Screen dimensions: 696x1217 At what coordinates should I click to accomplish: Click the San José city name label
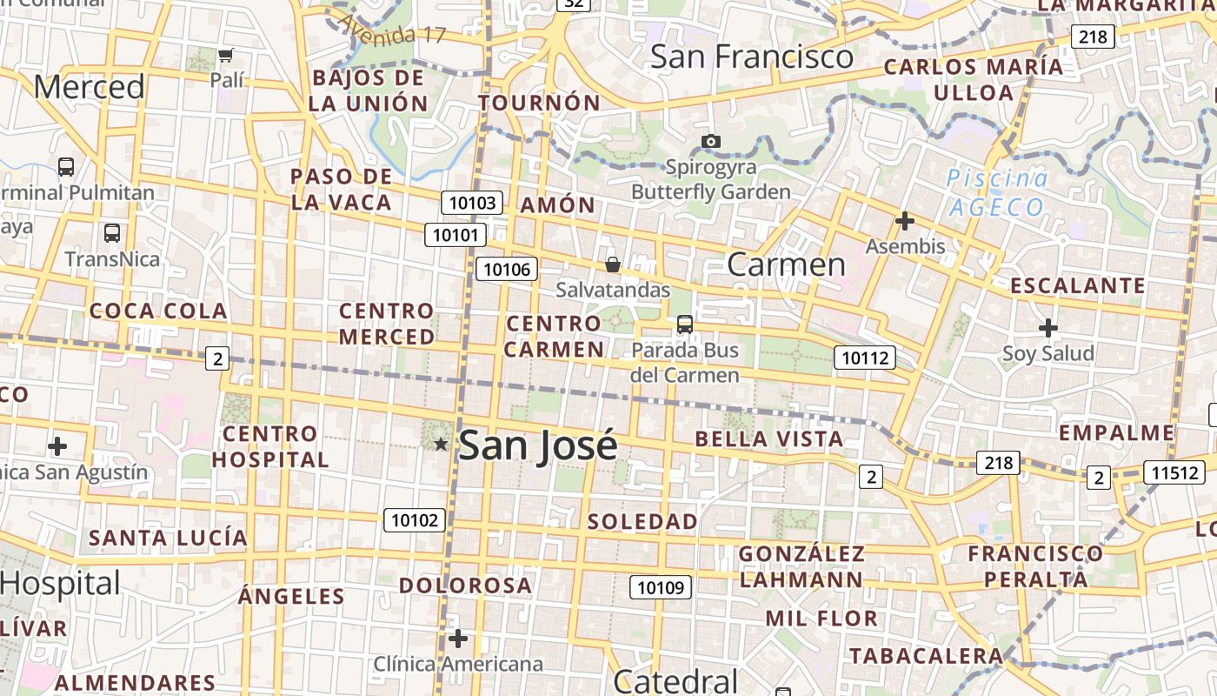537,445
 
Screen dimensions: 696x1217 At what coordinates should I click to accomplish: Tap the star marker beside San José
441,445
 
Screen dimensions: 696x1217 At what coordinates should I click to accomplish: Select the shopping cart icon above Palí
226,56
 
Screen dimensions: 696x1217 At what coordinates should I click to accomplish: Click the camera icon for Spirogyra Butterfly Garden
710,141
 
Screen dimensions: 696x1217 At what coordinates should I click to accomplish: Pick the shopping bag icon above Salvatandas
612,264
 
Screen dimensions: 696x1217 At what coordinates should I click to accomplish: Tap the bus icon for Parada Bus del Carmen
685,325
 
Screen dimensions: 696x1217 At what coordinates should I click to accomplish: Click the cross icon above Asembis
905,221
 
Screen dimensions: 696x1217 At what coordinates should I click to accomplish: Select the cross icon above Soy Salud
1048,328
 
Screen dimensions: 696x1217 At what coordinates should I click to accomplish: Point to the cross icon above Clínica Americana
458,639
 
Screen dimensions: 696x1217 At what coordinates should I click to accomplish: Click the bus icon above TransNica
112,233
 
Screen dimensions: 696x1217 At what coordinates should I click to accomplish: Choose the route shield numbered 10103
473,204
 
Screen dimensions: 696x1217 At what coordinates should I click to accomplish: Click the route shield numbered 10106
507,269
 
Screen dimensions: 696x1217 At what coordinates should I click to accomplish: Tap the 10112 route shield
865,357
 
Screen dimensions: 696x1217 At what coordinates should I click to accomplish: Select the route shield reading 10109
661,587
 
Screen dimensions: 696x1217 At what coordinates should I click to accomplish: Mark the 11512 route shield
1174,472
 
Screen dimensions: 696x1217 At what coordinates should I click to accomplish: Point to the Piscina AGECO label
996,193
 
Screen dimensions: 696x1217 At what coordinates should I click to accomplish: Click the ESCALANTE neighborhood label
1077,285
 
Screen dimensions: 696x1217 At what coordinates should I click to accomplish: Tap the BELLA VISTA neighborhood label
769,438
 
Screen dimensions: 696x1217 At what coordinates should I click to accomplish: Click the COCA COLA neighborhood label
158,311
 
